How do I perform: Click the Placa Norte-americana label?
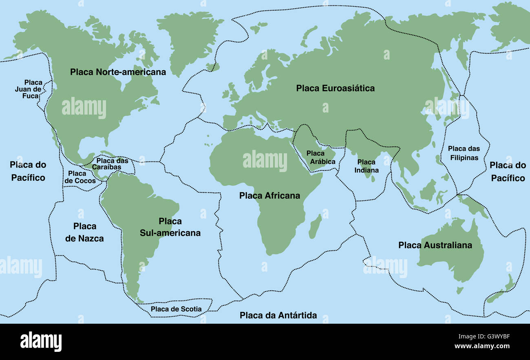(x=118, y=72)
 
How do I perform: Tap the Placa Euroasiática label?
(x=335, y=88)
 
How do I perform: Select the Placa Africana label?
(x=269, y=196)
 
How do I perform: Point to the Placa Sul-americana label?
(x=170, y=227)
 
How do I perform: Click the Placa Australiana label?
(x=435, y=245)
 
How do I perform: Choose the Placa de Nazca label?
(x=84, y=232)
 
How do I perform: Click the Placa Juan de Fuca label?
(x=29, y=89)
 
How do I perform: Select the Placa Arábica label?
(x=321, y=157)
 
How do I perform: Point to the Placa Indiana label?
(x=366, y=166)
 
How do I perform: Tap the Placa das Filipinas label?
(x=464, y=153)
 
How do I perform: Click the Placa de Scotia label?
(x=176, y=309)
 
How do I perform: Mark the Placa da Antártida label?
(x=278, y=315)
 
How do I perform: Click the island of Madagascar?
(x=314, y=227)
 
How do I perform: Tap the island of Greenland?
(x=192, y=39)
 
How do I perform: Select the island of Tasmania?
(x=460, y=290)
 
